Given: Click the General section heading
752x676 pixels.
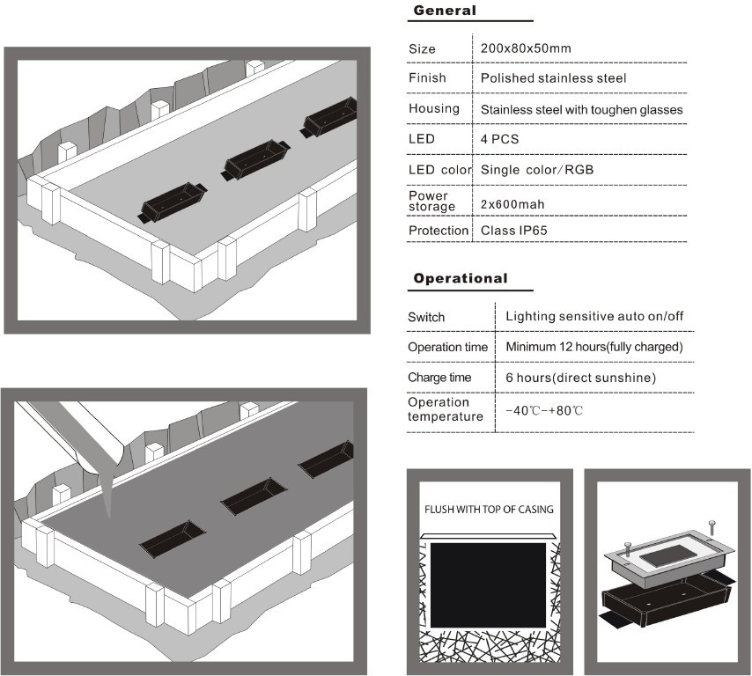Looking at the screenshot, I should point(445,11).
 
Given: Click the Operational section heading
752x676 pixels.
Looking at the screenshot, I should point(461,278).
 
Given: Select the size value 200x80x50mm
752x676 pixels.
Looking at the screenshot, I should point(526,48).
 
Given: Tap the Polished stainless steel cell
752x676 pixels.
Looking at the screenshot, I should point(553,78).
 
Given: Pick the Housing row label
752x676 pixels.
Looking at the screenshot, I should point(434,108).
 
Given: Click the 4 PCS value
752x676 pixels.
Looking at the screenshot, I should point(500,139).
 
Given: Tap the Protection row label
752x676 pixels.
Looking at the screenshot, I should point(439,231).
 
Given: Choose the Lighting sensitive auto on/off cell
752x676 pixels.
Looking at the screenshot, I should point(594,316).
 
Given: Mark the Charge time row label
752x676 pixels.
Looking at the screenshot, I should point(439,377).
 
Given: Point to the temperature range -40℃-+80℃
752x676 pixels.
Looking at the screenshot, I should point(544,411).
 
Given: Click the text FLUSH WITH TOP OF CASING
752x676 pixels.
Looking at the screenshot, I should point(489,510).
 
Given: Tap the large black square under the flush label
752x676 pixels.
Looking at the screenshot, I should point(488,583).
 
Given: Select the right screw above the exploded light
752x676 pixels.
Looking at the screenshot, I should point(711,528).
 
